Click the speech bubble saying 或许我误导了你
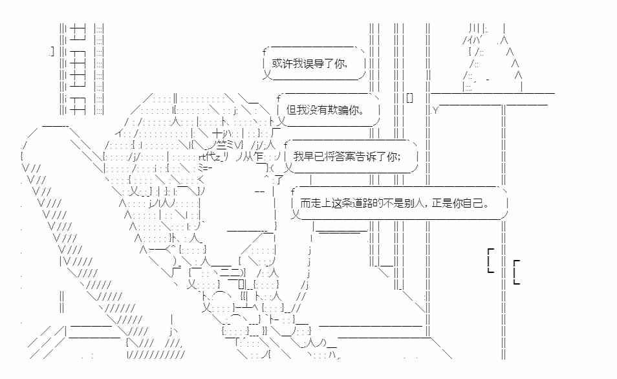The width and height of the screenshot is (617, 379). coord(314,63)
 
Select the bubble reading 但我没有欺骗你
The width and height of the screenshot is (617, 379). coord(329,110)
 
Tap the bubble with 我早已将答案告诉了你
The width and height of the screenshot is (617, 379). coord(351,157)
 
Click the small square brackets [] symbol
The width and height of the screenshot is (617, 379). coord(409,98)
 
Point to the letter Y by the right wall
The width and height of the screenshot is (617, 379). coord(435,110)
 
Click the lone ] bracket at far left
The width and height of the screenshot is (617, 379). coord(52,51)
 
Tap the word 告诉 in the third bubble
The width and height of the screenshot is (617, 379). coord(366,157)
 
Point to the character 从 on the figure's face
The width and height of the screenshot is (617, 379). coord(248,157)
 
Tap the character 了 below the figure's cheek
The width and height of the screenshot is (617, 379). coord(278,180)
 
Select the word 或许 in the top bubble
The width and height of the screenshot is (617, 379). coord(282,63)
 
